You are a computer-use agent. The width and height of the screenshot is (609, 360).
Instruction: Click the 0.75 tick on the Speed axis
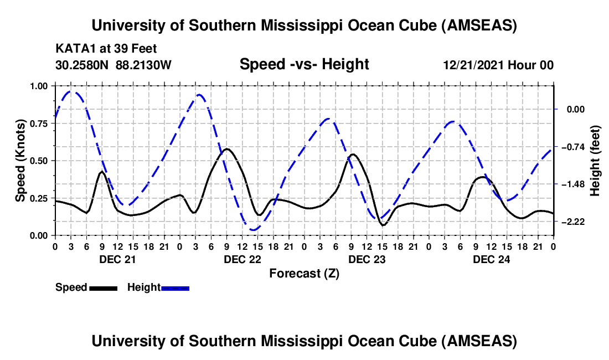pos(39,124)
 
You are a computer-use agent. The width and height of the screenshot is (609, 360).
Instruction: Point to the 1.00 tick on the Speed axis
pos(39,86)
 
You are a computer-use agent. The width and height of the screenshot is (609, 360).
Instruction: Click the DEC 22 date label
pos(242,259)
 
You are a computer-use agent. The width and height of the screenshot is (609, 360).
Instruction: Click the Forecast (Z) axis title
pos(304,273)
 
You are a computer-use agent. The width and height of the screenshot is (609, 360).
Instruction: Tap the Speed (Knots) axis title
pos(20,161)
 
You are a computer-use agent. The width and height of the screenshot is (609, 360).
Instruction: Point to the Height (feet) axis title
pos(595,161)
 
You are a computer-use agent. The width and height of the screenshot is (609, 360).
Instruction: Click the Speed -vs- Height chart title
pos(304,64)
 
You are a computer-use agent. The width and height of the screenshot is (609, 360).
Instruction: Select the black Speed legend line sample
pos(103,287)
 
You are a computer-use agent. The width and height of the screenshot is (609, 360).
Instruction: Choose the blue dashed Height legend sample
pos(175,287)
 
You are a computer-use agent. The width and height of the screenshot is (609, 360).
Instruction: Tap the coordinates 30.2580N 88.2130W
pos(113,65)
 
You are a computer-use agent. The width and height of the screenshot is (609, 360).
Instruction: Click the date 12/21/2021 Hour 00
pos(498,65)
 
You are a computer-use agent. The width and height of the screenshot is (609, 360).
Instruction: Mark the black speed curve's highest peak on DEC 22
pos(227,148)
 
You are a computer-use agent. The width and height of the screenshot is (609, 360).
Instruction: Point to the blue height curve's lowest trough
pos(254,229)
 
